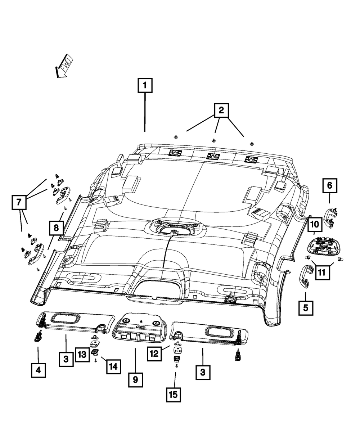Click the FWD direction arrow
[63, 67]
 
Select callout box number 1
[145, 85]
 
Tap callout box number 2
[221, 110]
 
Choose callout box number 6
[330, 185]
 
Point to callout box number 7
[19, 202]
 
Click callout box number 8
[56, 228]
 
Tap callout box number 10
[315, 225]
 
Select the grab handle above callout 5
[306, 276]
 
